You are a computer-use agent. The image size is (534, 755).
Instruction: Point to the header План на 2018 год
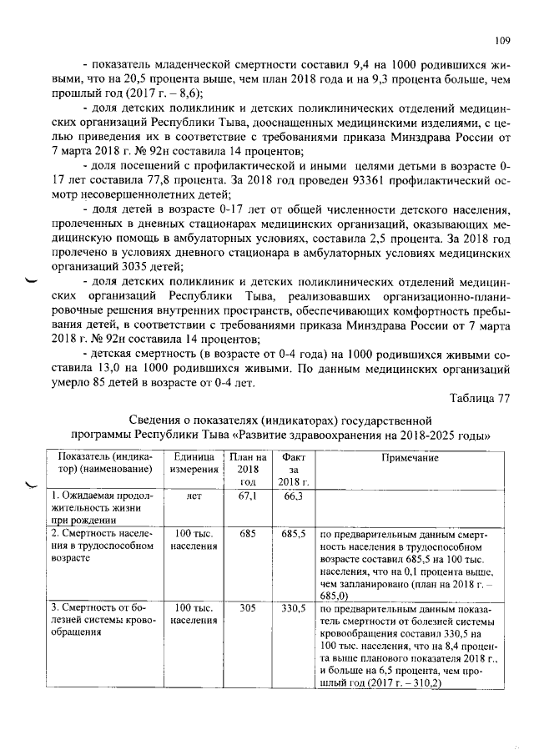(248, 470)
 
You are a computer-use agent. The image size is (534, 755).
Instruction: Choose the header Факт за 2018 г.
(294, 470)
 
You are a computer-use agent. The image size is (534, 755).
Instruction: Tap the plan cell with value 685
(248, 532)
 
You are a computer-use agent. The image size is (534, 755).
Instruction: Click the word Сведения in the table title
(158, 420)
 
